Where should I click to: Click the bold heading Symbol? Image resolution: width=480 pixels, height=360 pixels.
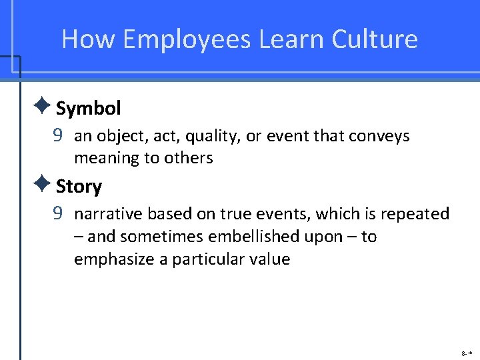point(88,108)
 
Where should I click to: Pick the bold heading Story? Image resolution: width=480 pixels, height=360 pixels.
point(79,187)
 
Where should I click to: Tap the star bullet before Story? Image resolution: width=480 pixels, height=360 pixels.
point(41,183)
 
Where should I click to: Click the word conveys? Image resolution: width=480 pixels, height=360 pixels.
point(379,137)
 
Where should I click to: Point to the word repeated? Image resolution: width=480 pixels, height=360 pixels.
point(418,214)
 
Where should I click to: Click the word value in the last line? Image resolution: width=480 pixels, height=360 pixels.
point(269,259)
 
